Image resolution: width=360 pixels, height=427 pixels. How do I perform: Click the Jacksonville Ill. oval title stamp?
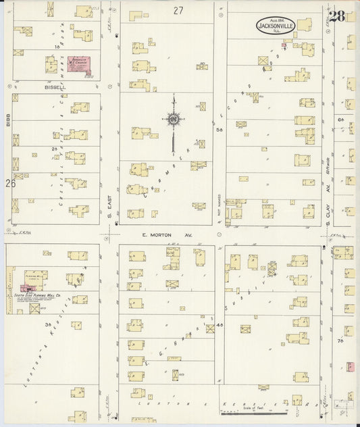click(275, 26)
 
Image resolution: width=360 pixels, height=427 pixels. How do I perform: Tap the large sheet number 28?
click(337, 16)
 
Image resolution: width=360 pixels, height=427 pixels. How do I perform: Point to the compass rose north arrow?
click(174, 119)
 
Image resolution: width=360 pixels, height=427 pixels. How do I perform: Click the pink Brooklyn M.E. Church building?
click(79, 66)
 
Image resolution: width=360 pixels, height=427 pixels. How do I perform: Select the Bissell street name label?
click(55, 87)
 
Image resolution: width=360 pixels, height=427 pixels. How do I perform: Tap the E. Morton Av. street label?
click(158, 235)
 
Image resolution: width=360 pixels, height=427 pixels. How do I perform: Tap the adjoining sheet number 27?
click(178, 10)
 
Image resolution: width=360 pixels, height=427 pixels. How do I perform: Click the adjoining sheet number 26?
click(10, 183)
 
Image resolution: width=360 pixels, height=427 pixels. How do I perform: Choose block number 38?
click(48, 325)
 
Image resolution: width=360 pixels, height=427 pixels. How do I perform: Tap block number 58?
click(219, 131)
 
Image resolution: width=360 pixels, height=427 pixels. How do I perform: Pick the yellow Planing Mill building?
click(34, 277)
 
